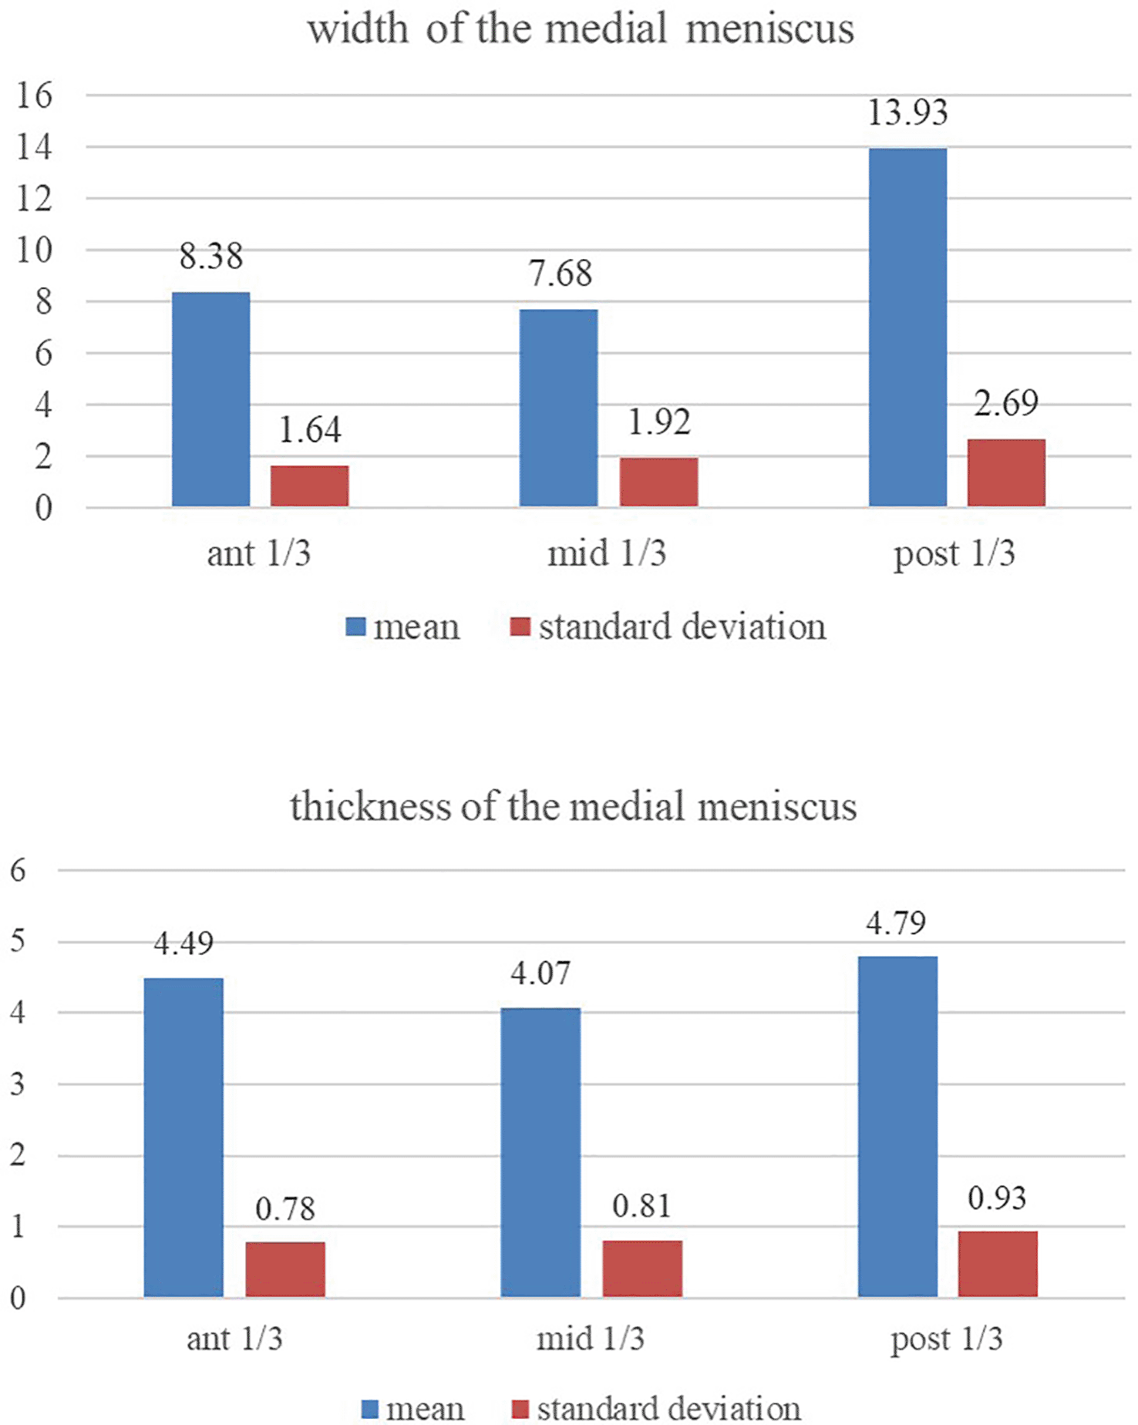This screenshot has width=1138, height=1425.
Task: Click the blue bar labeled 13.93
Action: pyautogui.click(x=907, y=328)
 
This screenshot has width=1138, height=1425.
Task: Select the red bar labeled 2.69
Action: pyautogui.click(x=1006, y=473)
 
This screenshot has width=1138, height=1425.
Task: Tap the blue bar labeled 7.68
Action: pyautogui.click(x=558, y=408)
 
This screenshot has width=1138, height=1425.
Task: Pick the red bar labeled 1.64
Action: pyautogui.click(x=309, y=486)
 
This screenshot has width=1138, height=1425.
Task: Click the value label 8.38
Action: pyautogui.click(x=211, y=256)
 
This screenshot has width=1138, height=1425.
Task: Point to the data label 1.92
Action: pyautogui.click(x=659, y=422)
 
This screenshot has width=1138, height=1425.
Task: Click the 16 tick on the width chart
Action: pyautogui.click(x=35, y=96)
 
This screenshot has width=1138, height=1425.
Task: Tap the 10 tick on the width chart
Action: pyautogui.click(x=35, y=250)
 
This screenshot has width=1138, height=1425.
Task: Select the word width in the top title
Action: pyautogui.click(x=358, y=29)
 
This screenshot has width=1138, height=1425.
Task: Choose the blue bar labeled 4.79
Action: pyautogui.click(x=897, y=1127)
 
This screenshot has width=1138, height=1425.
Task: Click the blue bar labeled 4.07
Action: pyautogui.click(x=540, y=1152)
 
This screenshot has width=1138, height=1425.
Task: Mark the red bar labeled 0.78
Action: pyautogui.click(x=285, y=1269)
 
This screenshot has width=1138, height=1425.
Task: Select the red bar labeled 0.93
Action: pyautogui.click(x=998, y=1264)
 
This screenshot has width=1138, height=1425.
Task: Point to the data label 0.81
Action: pyautogui.click(x=641, y=1206)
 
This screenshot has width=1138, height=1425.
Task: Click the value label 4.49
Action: pyautogui.click(x=183, y=943)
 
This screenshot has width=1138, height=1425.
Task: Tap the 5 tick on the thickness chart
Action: pyautogui.click(x=18, y=941)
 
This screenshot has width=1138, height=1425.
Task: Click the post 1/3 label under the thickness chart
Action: pyautogui.click(x=946, y=1339)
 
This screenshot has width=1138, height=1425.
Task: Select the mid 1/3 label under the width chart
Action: pyautogui.click(x=607, y=553)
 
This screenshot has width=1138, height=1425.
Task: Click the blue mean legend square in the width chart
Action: pyautogui.click(x=355, y=626)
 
